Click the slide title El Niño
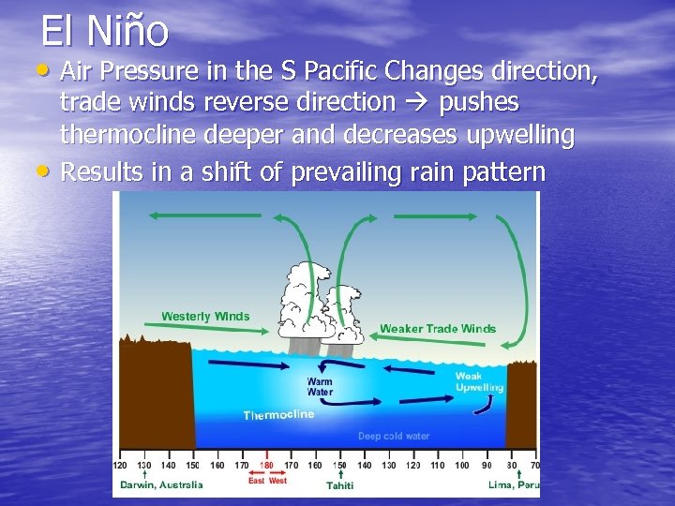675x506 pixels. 104,30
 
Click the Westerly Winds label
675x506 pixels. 205,316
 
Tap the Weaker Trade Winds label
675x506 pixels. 438,329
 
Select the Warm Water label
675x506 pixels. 320,387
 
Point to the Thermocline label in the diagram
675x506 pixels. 278,415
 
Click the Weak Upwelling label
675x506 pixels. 479,381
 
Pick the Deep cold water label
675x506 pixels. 394,436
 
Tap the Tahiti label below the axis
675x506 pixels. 339,484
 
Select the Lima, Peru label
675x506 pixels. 514,484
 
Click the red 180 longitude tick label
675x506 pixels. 266,465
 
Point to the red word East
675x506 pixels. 256,481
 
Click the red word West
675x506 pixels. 278,481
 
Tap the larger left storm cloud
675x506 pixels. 302,300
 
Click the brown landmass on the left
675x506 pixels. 155,394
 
